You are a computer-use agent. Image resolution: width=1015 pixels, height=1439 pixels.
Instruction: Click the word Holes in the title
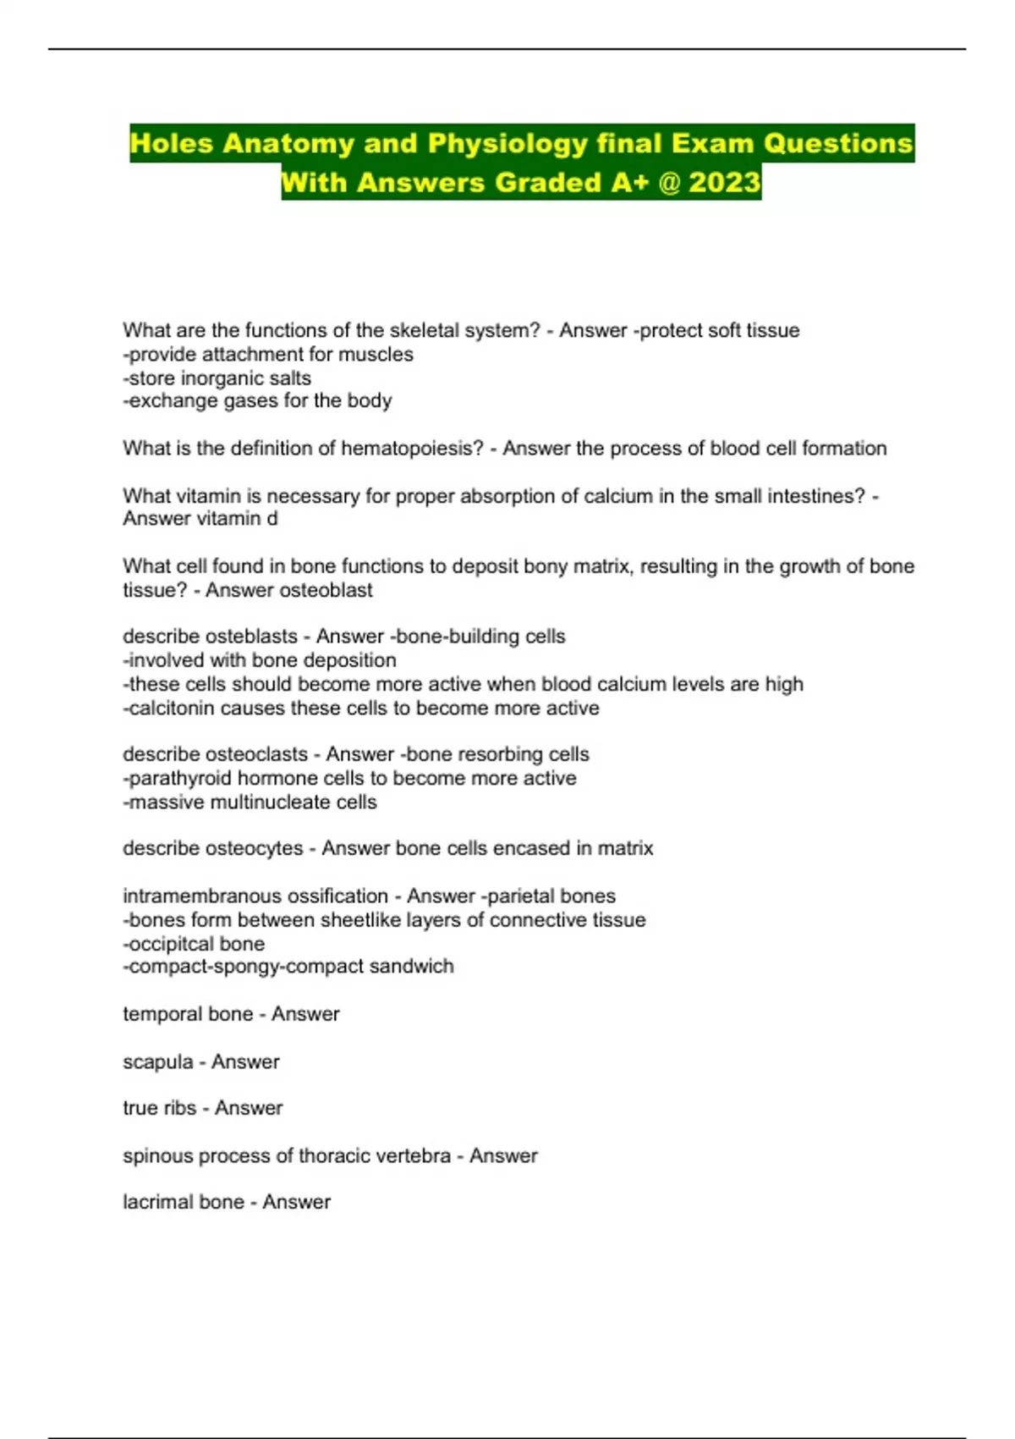pyautogui.click(x=171, y=143)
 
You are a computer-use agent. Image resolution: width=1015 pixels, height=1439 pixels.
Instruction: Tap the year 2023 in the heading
pyautogui.click(x=725, y=182)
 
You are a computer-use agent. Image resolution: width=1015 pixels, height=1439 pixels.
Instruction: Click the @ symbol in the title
pyautogui.click(x=669, y=182)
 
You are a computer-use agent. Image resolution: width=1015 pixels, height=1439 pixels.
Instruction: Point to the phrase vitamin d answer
pyautogui.click(x=237, y=518)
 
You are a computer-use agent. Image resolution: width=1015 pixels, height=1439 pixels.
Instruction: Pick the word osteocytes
pyautogui.click(x=256, y=848)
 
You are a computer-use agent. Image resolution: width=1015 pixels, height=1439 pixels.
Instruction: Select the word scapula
pyautogui.click(x=157, y=1061)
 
